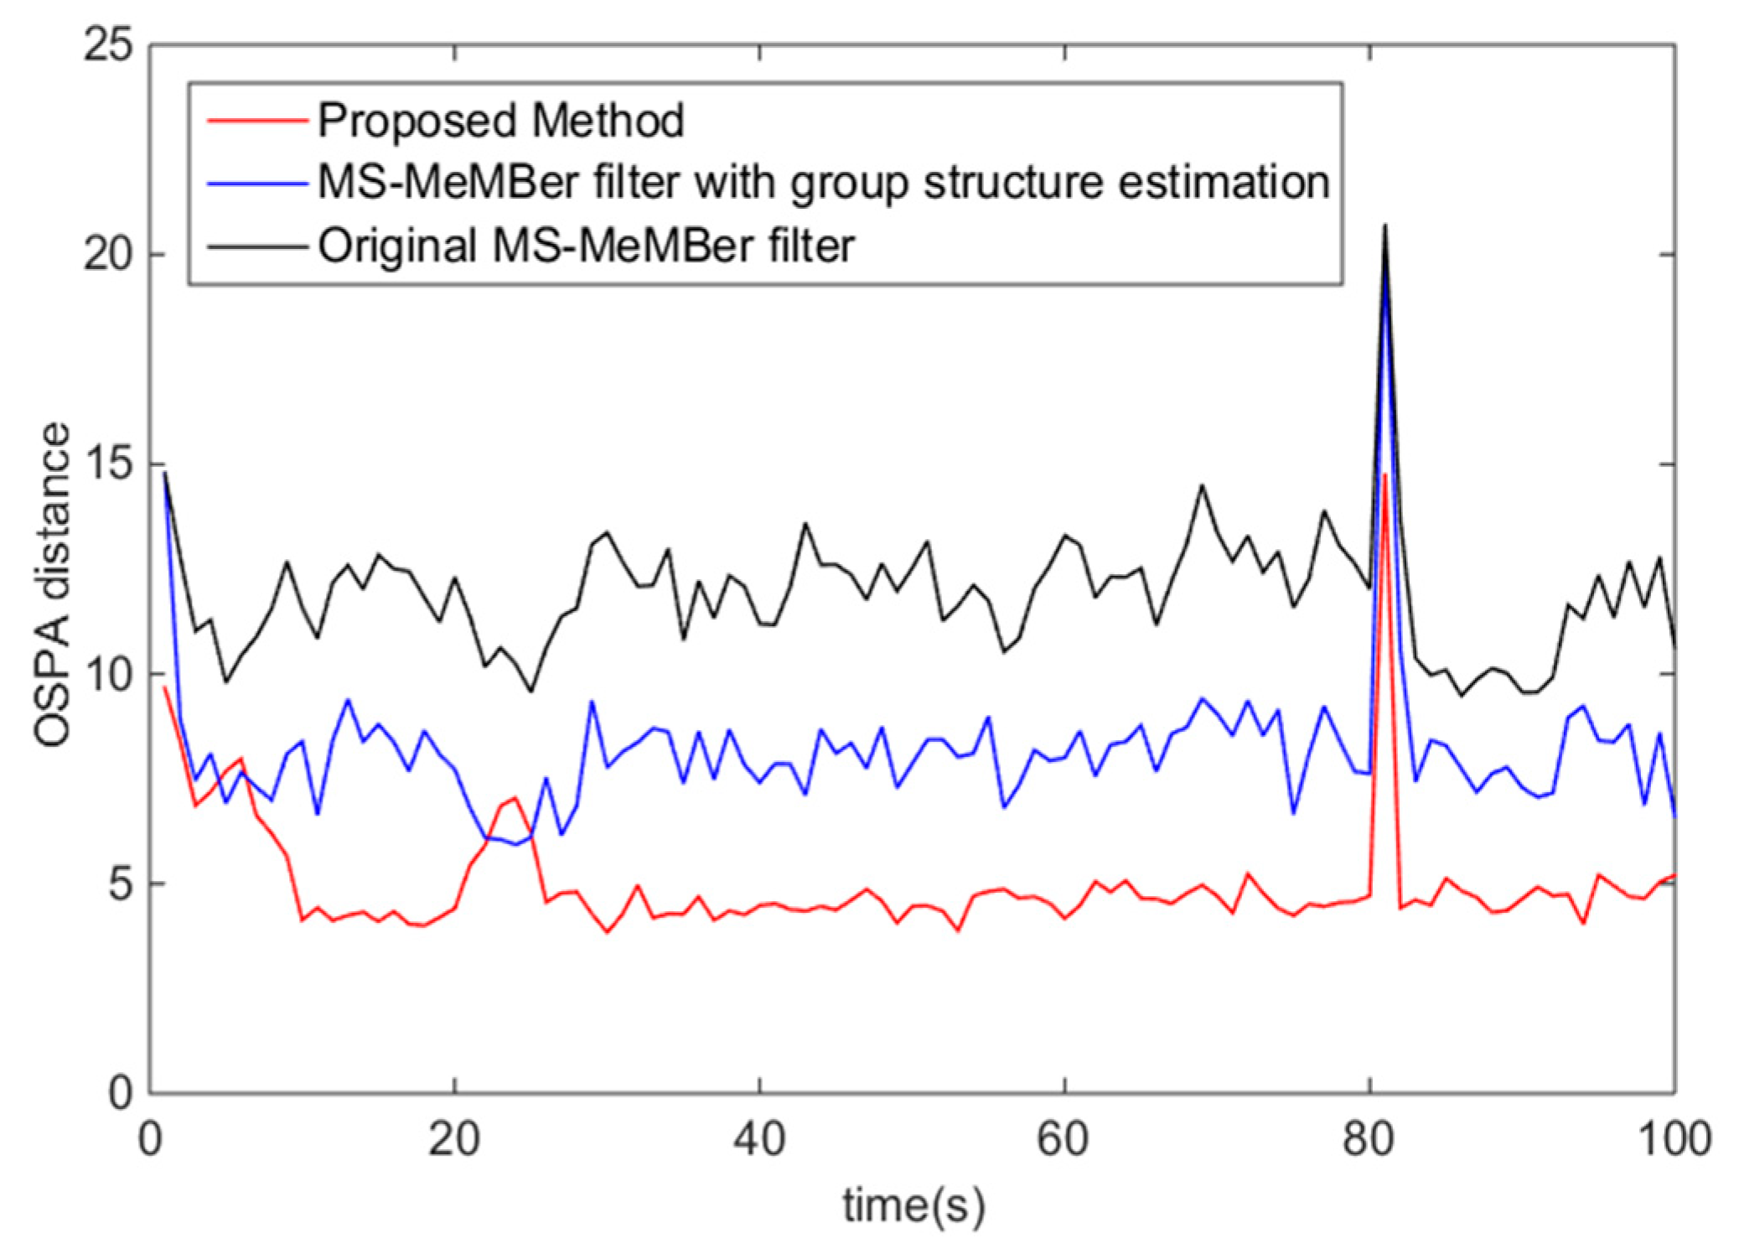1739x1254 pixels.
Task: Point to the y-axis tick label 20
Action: tap(108, 254)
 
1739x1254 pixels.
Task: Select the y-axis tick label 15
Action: tap(108, 464)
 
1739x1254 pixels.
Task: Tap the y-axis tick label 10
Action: tap(108, 673)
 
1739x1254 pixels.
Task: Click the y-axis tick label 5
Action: tap(122, 883)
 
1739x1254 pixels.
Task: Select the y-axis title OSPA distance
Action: tap(52, 584)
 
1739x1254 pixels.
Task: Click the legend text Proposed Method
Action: tap(501, 121)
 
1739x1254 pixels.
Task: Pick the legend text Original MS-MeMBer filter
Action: tap(587, 246)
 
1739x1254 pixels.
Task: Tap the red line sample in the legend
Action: tap(257, 122)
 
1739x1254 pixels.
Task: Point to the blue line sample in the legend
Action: tap(257, 184)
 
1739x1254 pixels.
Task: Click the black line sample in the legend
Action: tap(257, 247)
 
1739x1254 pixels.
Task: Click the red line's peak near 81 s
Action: tap(1384, 474)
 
